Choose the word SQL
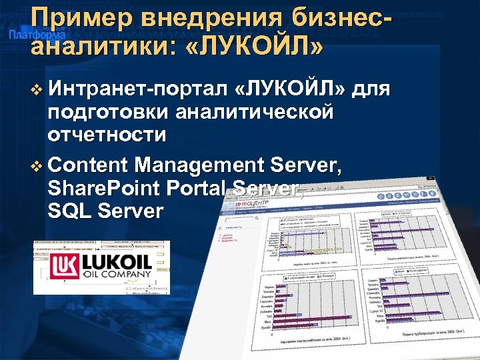point(69,211)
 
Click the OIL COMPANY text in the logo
point(117,273)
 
